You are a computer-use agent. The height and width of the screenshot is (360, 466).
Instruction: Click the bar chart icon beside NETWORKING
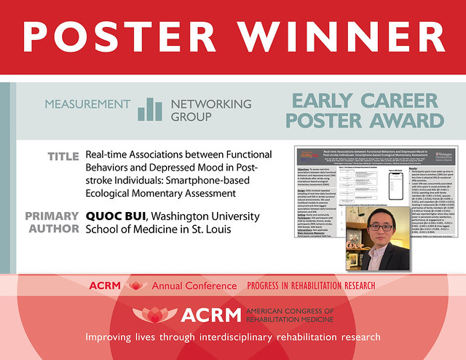click(x=151, y=109)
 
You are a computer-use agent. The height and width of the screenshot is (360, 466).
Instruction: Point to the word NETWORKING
click(x=210, y=104)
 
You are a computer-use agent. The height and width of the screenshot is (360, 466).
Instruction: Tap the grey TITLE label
click(x=63, y=157)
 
